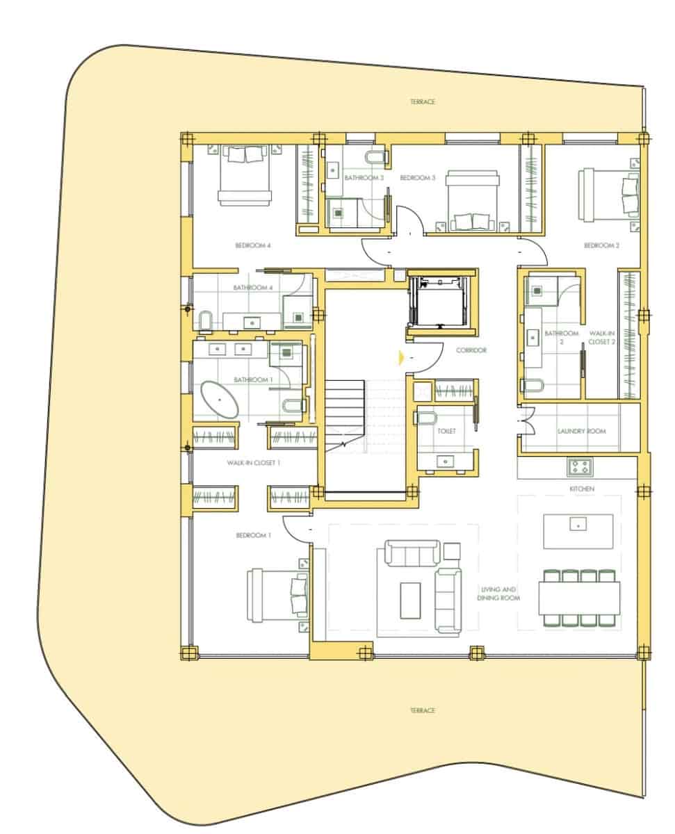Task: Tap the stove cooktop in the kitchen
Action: tap(579, 467)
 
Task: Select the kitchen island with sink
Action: tap(578, 531)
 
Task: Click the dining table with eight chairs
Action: tap(578, 598)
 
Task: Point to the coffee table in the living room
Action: tap(410, 600)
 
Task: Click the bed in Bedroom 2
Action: tap(609, 194)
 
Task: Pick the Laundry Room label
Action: tap(581, 431)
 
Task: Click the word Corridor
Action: tap(471, 350)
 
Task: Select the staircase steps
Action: tap(345, 416)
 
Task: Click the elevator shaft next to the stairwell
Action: tap(440, 300)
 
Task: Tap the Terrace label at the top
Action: tap(422, 102)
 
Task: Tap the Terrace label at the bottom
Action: tap(422, 710)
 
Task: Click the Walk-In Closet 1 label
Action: tap(253, 462)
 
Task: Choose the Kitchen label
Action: tap(581, 489)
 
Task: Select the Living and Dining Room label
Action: tap(500, 594)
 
